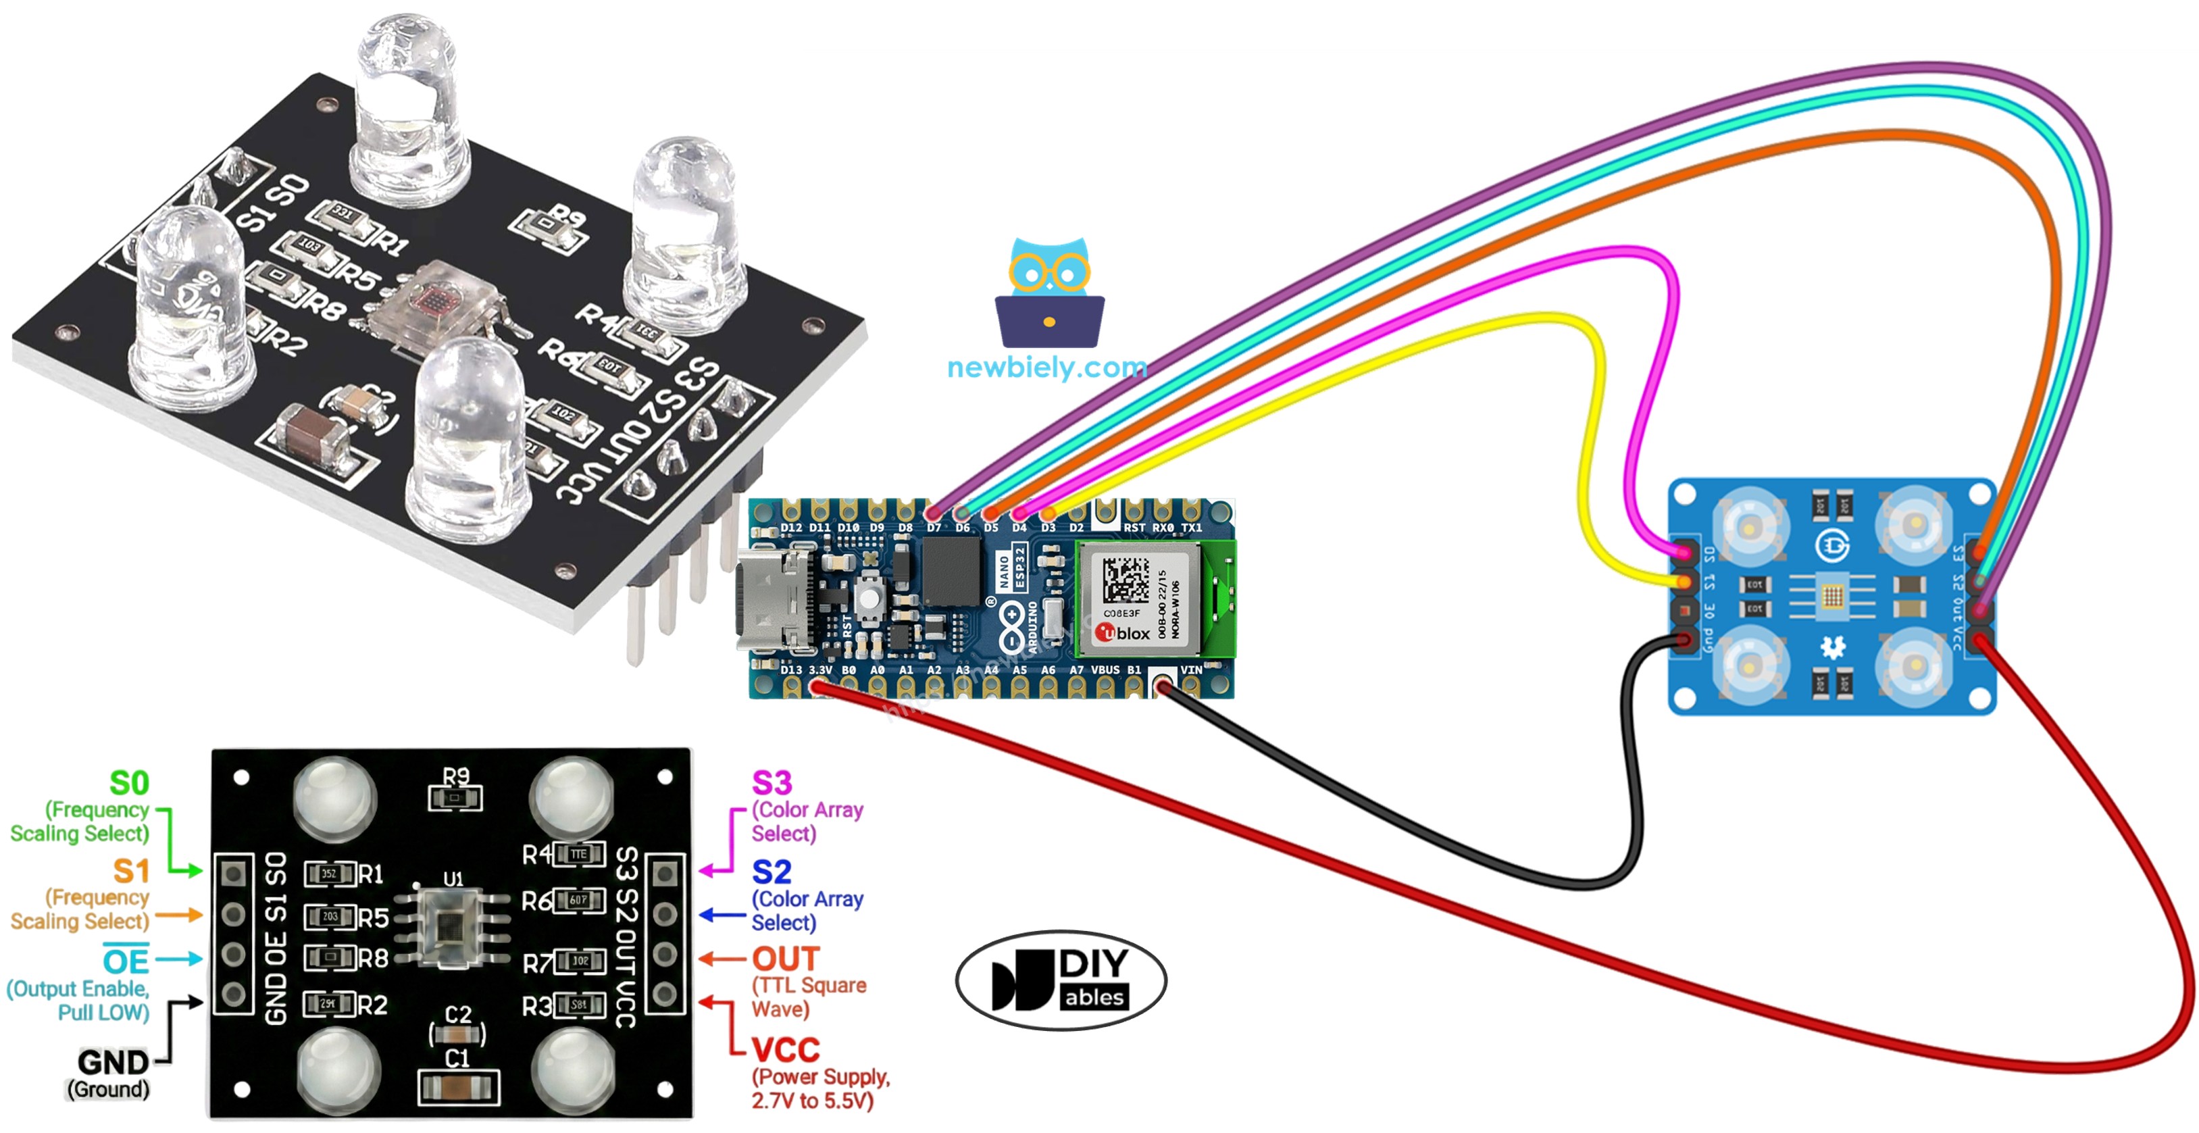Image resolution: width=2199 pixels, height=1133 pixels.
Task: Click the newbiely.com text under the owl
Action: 1046,368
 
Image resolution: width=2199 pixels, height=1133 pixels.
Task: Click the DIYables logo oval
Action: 1061,980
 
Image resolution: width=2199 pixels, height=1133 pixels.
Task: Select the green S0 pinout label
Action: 129,783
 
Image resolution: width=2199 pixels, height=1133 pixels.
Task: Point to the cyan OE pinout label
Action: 126,961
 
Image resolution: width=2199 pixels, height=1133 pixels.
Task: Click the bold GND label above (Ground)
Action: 113,1063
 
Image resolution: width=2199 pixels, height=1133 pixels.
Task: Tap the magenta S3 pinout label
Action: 771,783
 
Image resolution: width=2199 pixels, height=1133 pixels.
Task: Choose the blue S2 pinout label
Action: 771,872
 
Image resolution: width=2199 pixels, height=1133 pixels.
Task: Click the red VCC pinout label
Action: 784,1049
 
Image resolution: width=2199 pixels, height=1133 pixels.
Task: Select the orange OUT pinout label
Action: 784,959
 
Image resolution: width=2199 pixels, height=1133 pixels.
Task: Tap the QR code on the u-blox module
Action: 1125,580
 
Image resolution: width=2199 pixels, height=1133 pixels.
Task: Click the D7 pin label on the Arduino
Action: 934,528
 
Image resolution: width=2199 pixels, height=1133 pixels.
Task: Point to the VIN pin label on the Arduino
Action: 1191,670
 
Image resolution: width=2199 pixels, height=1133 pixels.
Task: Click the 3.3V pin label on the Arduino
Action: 819,670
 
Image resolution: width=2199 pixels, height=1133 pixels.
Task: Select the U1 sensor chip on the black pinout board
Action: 453,926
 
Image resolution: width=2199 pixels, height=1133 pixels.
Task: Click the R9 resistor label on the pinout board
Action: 456,775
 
